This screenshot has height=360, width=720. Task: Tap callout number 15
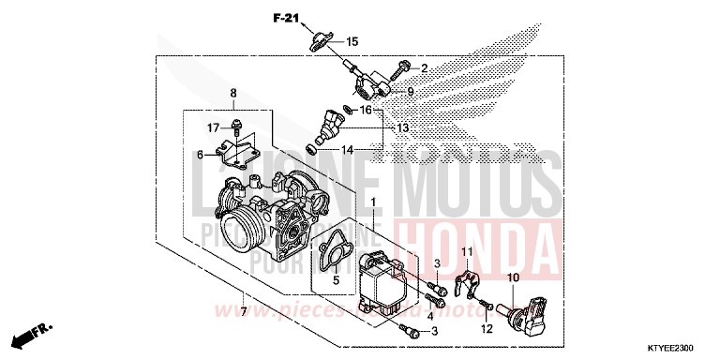352,41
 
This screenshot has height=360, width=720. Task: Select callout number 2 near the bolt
423,68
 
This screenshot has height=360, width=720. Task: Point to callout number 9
410,91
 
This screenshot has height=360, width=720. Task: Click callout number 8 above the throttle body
233,93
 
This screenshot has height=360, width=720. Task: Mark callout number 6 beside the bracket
200,155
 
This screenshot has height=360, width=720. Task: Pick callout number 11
464,250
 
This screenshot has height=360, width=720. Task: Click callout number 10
513,278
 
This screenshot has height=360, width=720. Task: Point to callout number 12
487,328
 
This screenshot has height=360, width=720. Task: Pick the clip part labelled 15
320,39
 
